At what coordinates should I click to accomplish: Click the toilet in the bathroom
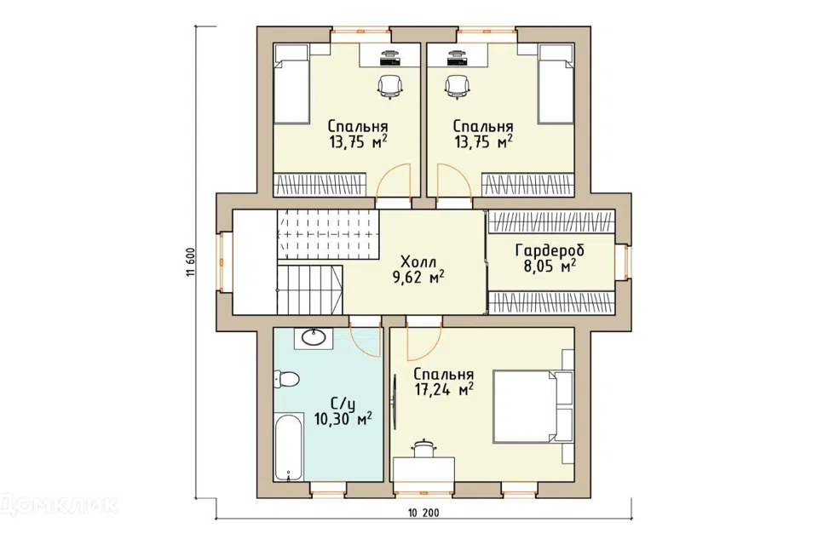click(285, 379)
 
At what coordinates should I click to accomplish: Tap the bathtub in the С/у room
click(289, 447)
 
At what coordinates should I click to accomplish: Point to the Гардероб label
click(550, 251)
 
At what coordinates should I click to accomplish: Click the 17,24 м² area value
click(444, 389)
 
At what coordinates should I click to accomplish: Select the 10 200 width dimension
click(423, 513)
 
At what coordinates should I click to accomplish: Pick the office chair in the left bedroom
click(390, 87)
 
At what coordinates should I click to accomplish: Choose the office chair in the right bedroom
click(458, 87)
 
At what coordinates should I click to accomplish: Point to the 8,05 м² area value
click(550, 267)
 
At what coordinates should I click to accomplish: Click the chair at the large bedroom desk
click(423, 449)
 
